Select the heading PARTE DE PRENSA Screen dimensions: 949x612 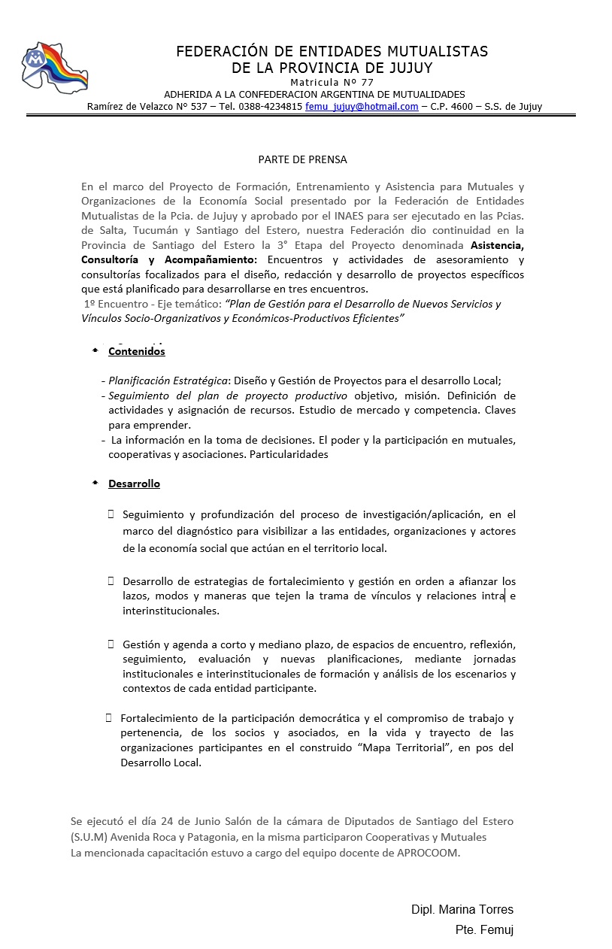[x=302, y=159]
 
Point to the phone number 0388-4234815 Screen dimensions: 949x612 [x=271, y=107]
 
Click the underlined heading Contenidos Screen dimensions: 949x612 [x=136, y=351]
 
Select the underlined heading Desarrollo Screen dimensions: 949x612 [x=134, y=484]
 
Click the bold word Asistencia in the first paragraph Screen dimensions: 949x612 [x=496, y=245]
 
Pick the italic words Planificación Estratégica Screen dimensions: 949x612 [x=168, y=381]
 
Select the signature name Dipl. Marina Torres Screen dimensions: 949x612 [x=462, y=910]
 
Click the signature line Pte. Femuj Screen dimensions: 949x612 [x=484, y=930]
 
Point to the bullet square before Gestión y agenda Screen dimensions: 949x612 [x=111, y=644]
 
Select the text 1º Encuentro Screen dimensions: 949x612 [x=115, y=305]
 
